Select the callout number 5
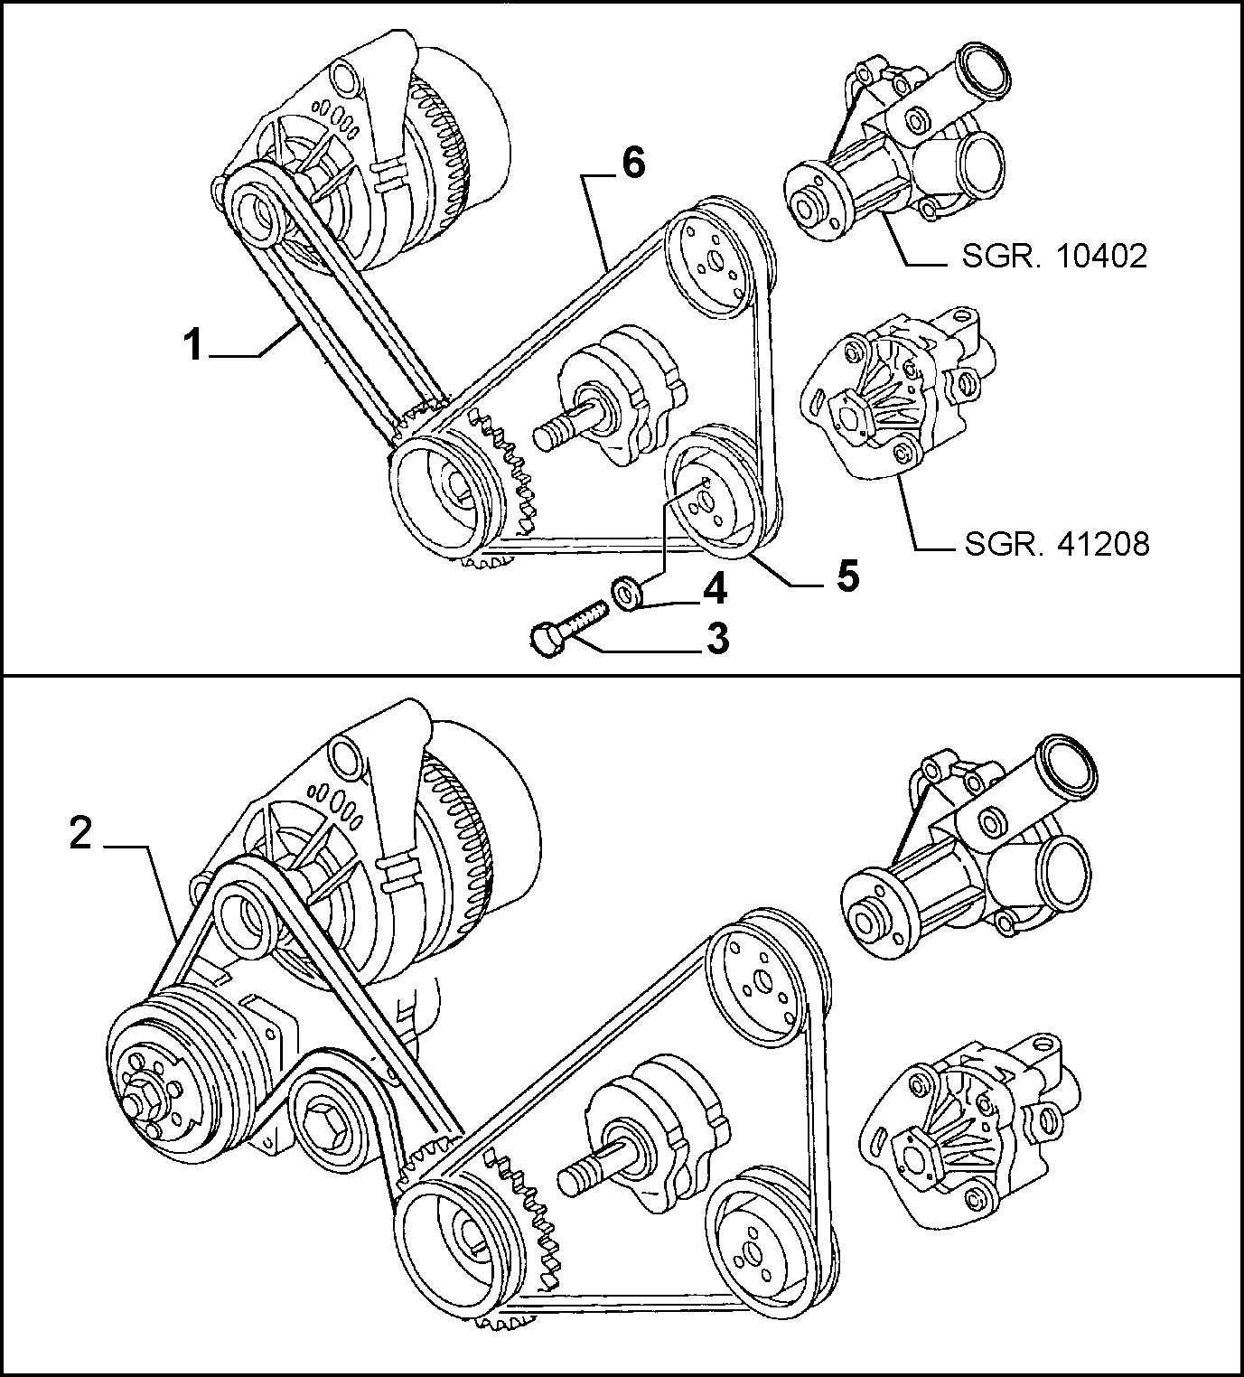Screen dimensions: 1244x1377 (847, 576)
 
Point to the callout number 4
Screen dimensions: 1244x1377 (715, 590)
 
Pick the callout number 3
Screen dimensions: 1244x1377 (716, 639)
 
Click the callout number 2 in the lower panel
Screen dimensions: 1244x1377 (80, 834)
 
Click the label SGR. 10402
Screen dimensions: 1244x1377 (1053, 256)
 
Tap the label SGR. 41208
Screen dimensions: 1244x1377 (1057, 544)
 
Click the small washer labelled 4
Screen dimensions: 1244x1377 (626, 592)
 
